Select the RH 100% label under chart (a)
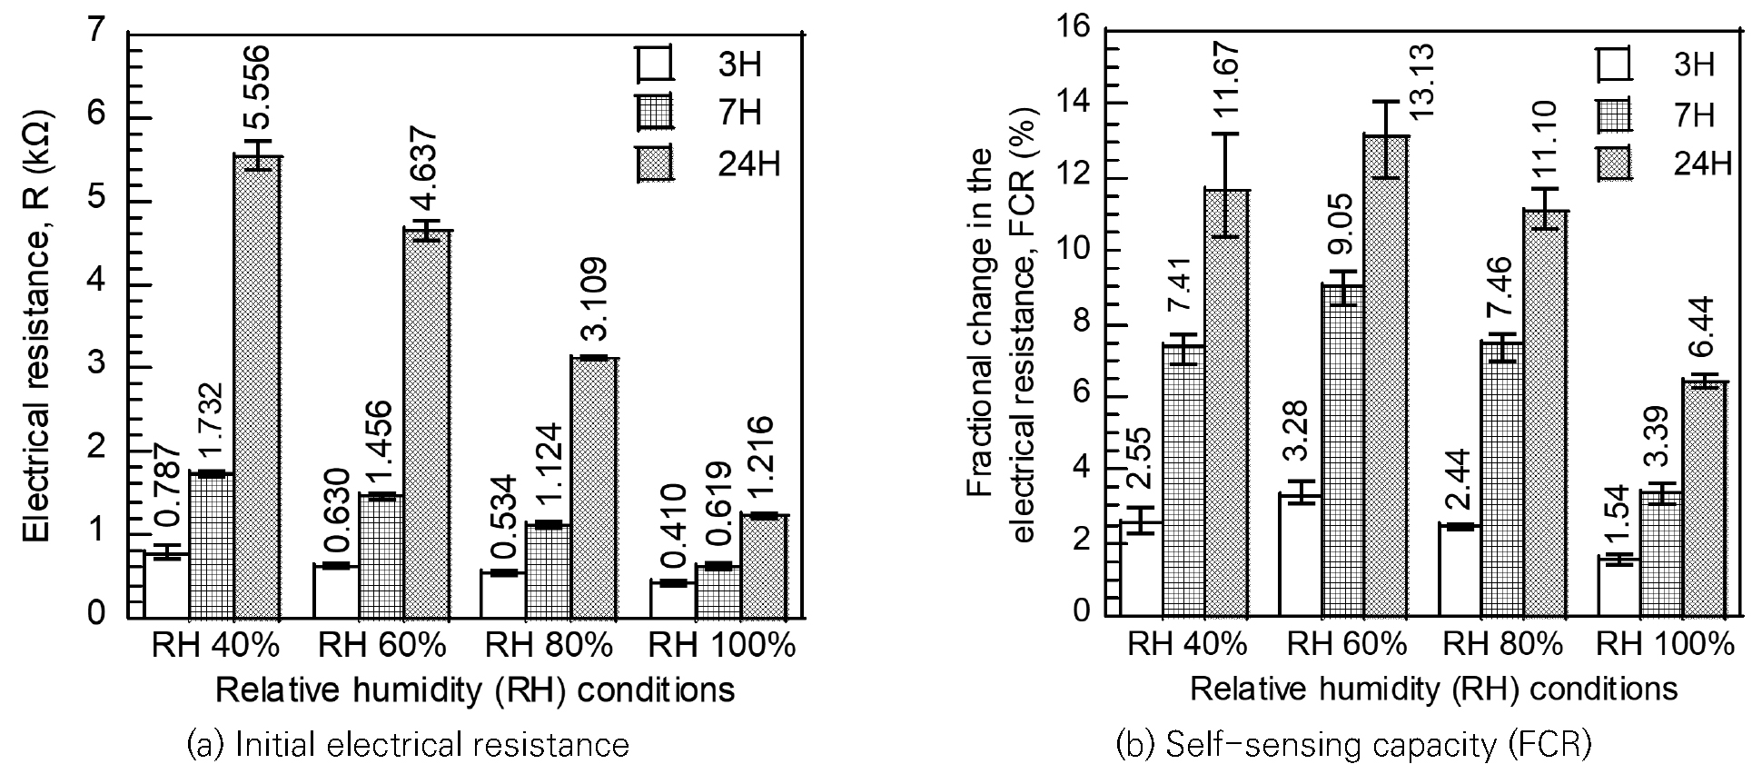point(721,646)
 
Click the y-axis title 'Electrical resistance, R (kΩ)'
point(36,326)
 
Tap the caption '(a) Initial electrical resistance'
point(408,745)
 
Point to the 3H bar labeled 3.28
point(1300,555)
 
